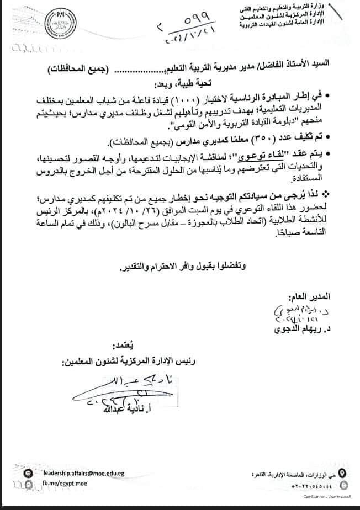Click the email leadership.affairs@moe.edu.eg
point(83,474)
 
